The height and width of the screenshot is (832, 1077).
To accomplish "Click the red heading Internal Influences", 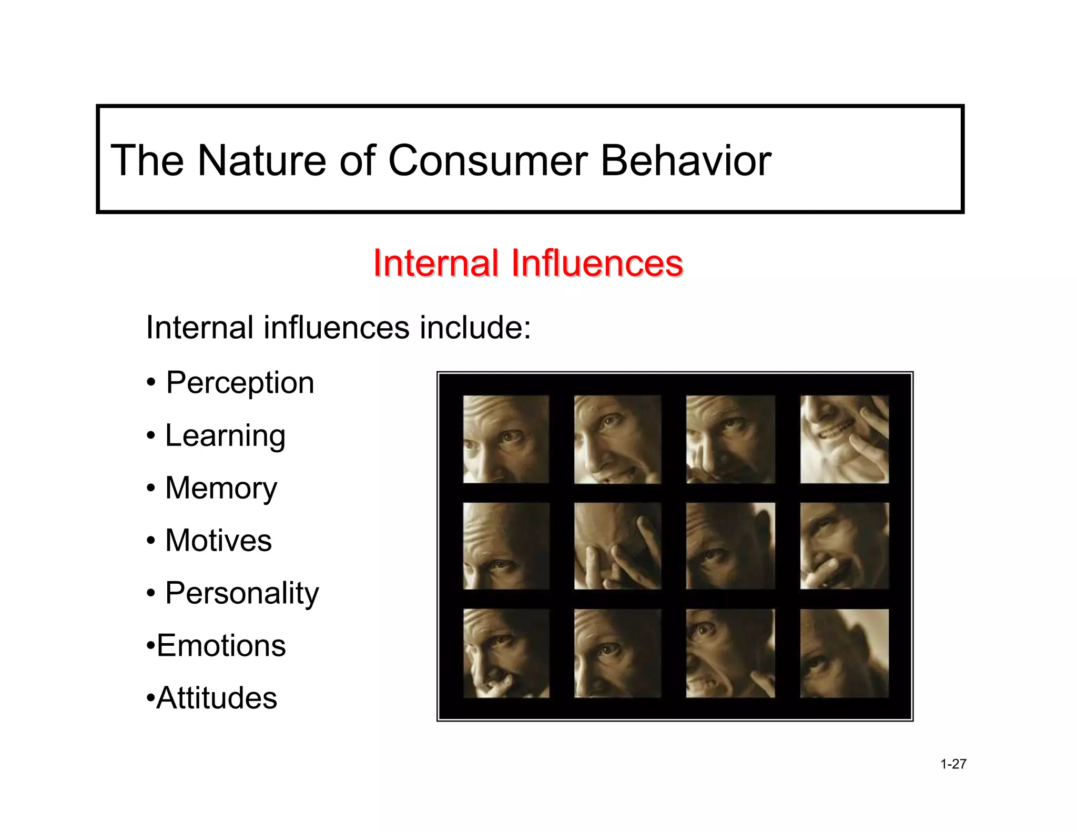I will (x=528, y=262).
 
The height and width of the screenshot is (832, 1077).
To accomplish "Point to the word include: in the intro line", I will (x=475, y=327).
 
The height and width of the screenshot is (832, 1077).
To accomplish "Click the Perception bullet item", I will (x=240, y=382).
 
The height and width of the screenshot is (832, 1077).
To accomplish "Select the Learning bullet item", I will (x=225, y=435).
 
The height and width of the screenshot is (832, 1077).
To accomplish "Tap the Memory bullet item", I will (x=221, y=488).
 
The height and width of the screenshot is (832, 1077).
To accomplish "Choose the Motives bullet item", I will (x=218, y=540).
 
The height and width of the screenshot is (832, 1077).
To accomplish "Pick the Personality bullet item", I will (x=242, y=593).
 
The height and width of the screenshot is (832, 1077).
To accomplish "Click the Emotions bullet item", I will (x=221, y=645).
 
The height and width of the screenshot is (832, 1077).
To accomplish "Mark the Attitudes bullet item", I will (x=216, y=698).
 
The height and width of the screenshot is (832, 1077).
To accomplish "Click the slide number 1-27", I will (x=953, y=764).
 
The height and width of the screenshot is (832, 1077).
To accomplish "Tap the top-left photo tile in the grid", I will (x=506, y=439).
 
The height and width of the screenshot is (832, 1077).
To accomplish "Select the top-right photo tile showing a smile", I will (x=844, y=439).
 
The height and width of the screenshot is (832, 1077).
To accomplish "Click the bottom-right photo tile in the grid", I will (x=844, y=653).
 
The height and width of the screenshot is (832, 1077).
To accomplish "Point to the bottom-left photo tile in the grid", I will (x=506, y=653).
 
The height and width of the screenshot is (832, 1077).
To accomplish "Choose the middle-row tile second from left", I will (x=617, y=546).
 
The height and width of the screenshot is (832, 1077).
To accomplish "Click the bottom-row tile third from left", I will (x=730, y=653).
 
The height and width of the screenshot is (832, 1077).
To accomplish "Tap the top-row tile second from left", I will (x=617, y=439).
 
